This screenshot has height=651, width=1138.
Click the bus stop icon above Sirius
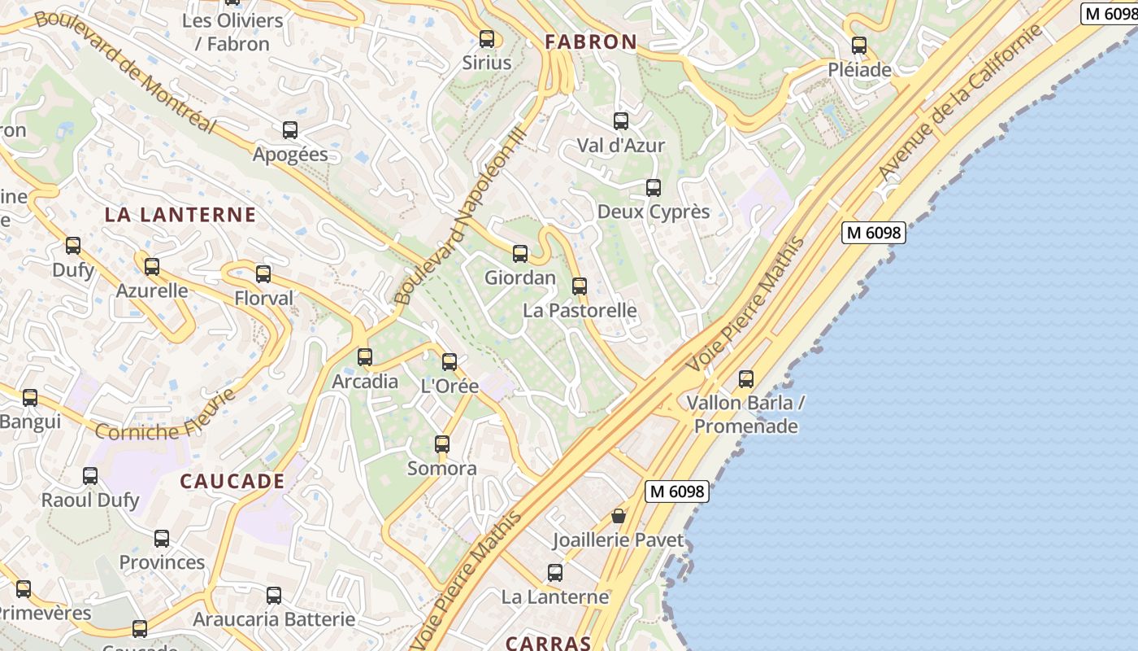[487, 38]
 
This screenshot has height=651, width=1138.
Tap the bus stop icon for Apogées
[290, 129]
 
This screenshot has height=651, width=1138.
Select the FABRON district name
[591, 42]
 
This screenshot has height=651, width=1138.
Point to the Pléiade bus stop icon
[859, 46]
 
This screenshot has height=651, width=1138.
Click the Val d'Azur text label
[620, 146]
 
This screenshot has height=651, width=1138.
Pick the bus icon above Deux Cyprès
[654, 188]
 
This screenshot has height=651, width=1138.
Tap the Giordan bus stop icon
[520, 254]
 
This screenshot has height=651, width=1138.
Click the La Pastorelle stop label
[580, 310]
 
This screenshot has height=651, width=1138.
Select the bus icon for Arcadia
[365, 357]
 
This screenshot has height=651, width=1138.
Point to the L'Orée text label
[450, 386]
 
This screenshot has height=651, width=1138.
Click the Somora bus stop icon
[442, 444]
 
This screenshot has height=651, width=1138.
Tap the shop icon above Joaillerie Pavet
[619, 516]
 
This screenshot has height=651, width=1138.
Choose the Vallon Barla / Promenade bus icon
[746, 378]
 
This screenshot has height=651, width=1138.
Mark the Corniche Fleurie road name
[166, 417]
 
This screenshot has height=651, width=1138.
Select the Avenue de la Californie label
[961, 103]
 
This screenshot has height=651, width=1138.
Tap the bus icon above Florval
[263, 274]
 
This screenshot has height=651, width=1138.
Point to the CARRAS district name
[548, 643]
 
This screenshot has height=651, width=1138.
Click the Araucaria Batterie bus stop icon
[274, 596]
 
